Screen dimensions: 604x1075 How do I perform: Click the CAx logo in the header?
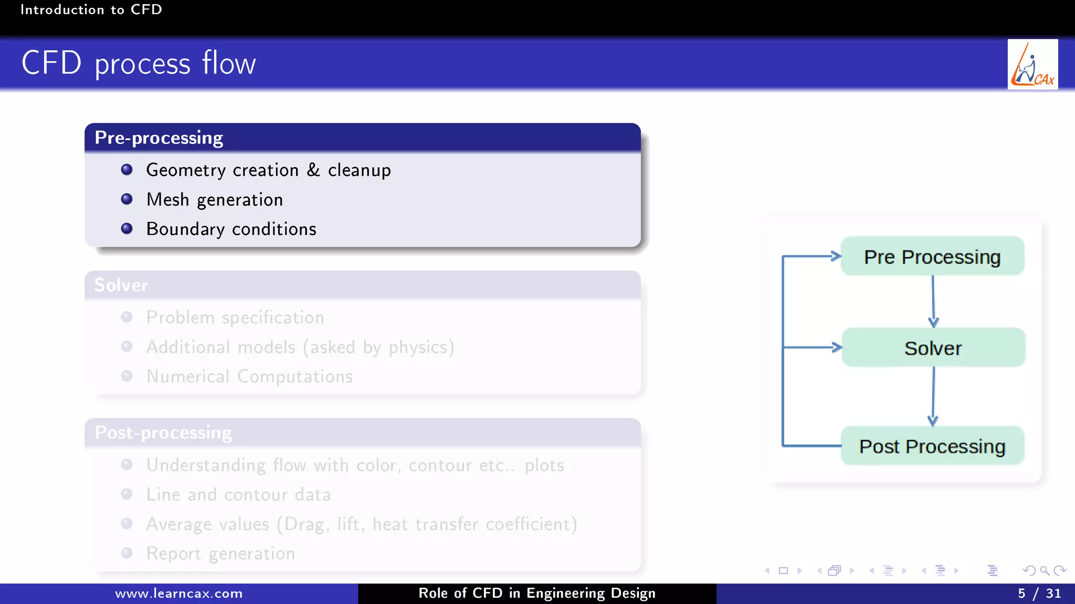[x=1032, y=64]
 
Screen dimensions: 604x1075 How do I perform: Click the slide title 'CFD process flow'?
[x=139, y=63]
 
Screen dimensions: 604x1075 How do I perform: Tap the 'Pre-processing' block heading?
[x=159, y=138]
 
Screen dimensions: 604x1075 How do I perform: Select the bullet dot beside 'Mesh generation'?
[x=127, y=199]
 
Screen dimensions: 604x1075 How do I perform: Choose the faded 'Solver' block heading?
[x=121, y=285]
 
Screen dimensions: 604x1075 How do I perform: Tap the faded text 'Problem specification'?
[x=235, y=318]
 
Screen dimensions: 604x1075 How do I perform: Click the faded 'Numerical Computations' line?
[x=249, y=376]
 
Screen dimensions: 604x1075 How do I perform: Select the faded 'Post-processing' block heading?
[x=163, y=433]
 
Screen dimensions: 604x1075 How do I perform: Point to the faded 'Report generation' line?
[x=220, y=554]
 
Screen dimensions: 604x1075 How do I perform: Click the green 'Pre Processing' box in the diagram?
[x=932, y=256]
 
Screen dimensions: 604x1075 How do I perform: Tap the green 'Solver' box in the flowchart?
[x=933, y=348]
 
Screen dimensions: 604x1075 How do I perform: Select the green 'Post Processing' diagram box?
[x=932, y=446]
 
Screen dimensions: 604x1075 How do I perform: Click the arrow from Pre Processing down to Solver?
[x=933, y=301]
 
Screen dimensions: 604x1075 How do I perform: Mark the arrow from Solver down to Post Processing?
[x=933, y=396]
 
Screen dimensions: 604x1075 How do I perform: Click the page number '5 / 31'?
[x=1039, y=594]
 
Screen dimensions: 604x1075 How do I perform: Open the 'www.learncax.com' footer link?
[x=179, y=594]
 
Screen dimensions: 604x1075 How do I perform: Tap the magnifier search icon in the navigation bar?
[x=1045, y=570]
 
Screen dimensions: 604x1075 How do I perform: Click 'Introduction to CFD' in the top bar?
[x=91, y=9]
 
